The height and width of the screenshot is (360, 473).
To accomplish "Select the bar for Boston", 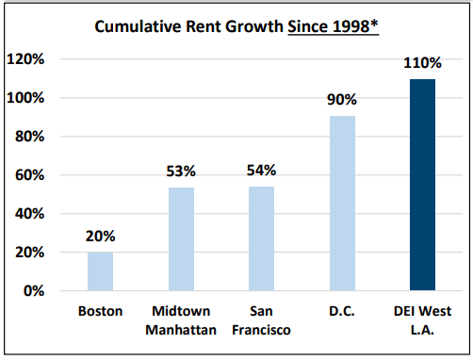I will click(x=100, y=271).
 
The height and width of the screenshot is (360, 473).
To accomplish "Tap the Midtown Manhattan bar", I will click(x=181, y=239).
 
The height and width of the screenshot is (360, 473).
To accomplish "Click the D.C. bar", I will click(x=342, y=204).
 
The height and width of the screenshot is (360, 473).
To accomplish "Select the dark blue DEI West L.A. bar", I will click(x=423, y=185).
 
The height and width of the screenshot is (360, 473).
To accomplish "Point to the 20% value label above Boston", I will click(x=100, y=237).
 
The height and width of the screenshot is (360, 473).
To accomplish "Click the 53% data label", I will click(x=181, y=172).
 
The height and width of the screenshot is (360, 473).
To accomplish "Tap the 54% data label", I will click(x=261, y=171).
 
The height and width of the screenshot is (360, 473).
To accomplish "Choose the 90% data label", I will click(x=342, y=100).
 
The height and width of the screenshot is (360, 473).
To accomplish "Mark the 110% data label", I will click(x=423, y=63).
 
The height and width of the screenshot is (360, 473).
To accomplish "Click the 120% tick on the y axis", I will click(x=26, y=59).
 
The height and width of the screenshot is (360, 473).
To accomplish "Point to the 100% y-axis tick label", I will click(x=26, y=98).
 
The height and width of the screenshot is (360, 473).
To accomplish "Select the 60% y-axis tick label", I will click(x=29, y=175).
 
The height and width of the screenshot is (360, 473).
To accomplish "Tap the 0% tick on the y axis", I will click(x=33, y=291).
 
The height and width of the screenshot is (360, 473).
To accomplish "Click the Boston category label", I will click(x=100, y=311).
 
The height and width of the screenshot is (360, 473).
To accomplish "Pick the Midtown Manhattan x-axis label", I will click(x=181, y=319).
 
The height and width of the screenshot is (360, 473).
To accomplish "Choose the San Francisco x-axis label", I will click(x=261, y=319).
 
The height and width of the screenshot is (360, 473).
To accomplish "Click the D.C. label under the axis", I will click(x=342, y=311).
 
